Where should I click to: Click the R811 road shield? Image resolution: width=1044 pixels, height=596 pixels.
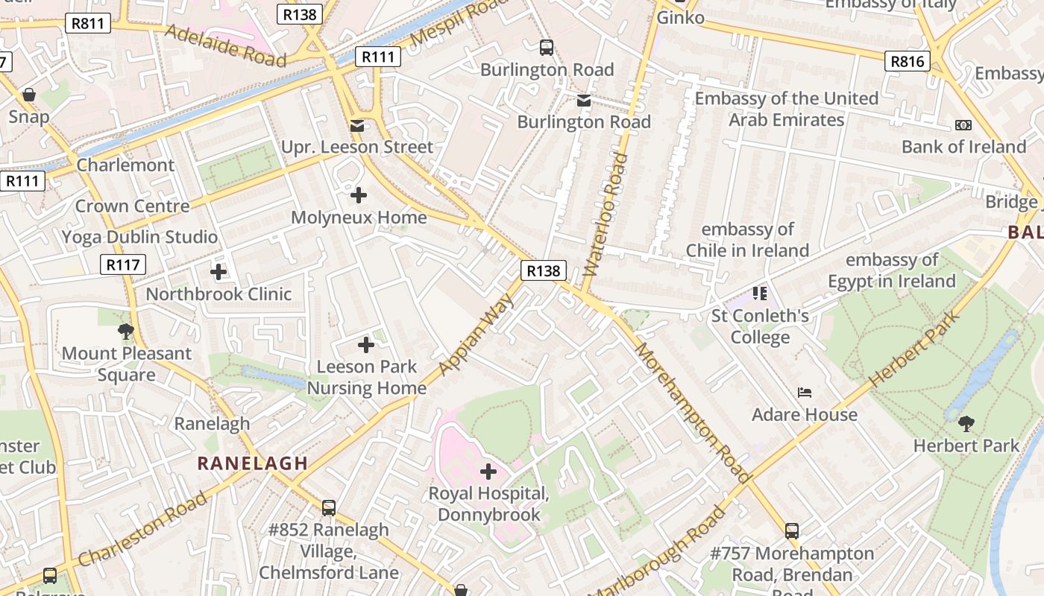coord(88,24)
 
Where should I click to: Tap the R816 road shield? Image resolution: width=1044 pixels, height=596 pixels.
coord(908,61)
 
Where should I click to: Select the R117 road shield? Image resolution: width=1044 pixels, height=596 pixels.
coord(123,264)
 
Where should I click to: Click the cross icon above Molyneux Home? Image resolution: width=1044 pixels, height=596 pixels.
coord(359,196)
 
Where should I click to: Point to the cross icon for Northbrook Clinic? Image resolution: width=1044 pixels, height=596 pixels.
coord(218,273)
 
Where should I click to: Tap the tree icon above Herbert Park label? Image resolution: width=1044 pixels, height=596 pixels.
coord(966,424)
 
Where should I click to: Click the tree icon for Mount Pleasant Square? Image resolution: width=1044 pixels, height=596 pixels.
coord(126,332)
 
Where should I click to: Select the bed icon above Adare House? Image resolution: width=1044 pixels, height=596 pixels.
coord(805,393)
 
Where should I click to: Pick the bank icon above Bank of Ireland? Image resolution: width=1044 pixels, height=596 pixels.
coord(963,125)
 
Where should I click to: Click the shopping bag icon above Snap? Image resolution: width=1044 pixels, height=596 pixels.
coord(29,95)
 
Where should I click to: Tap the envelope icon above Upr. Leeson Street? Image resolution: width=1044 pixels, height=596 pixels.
coord(358,125)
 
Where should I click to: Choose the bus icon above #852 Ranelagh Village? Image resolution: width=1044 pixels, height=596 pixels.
coord(329,508)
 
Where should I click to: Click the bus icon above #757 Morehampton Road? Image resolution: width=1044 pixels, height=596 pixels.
coord(792,531)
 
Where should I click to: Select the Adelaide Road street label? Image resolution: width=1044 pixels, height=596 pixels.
coord(225,45)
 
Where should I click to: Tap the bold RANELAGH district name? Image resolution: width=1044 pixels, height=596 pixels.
coord(253,463)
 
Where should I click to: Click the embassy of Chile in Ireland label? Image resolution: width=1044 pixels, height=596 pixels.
coord(747,240)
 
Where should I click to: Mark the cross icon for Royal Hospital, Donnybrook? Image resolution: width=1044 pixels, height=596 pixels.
coord(488,472)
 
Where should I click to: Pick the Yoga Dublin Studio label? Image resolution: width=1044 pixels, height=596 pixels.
coord(139,237)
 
